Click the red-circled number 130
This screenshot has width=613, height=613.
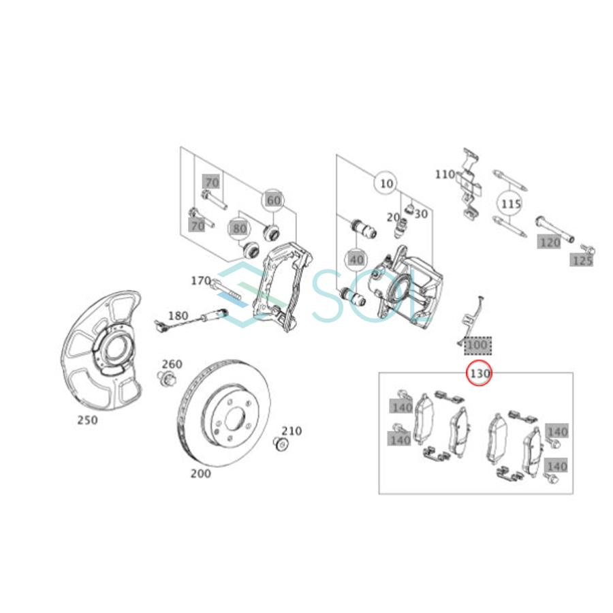(x=479, y=374)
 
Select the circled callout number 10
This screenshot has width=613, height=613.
(x=386, y=184)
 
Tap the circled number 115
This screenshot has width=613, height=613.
(x=511, y=204)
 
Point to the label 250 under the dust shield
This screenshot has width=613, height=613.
(x=87, y=420)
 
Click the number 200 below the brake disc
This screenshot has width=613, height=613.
(x=200, y=473)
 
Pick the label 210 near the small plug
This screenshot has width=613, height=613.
(x=292, y=431)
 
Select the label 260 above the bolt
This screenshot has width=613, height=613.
(x=172, y=364)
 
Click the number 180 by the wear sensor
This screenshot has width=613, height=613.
(x=178, y=315)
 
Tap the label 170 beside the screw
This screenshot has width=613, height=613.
(x=200, y=280)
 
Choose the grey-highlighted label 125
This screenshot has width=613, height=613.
(x=582, y=260)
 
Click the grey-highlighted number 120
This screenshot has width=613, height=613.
(x=549, y=242)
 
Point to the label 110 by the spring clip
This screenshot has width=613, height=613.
(x=445, y=174)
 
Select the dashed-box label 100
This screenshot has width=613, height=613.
(x=477, y=346)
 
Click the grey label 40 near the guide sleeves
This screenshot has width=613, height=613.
(x=356, y=260)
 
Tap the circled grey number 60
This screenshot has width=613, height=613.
(x=273, y=200)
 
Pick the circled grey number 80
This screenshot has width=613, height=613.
(x=239, y=228)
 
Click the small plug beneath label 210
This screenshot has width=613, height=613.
(x=280, y=445)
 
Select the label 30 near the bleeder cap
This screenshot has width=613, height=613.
(x=420, y=214)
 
